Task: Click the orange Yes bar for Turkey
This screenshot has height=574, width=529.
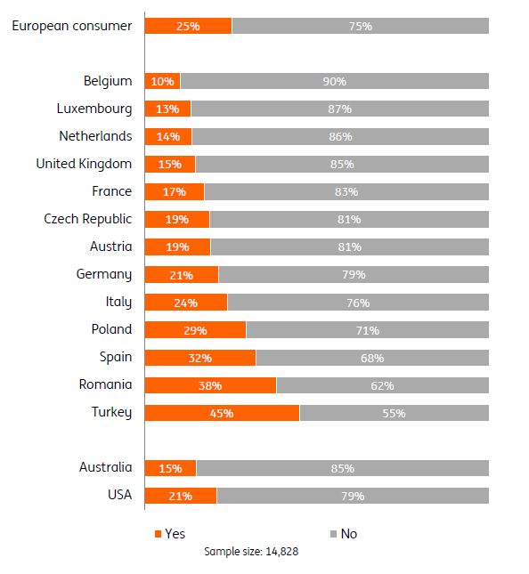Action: click(x=222, y=413)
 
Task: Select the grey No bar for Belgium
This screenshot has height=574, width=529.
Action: click(x=335, y=81)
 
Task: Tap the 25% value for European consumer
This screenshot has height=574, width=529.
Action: click(x=188, y=27)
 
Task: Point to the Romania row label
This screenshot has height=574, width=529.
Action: click(x=105, y=384)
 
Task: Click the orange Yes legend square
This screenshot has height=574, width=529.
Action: click(x=159, y=534)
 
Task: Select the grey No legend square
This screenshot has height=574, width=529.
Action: click(x=333, y=534)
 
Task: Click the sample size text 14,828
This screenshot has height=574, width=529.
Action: click(x=282, y=551)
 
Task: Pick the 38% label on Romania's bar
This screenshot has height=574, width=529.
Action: click(x=210, y=386)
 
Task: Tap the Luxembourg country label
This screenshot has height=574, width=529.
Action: click(x=94, y=109)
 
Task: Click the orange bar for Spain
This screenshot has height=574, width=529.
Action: click(x=200, y=358)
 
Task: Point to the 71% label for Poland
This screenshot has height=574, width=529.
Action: click(x=368, y=330)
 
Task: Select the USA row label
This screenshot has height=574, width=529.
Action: click(x=120, y=495)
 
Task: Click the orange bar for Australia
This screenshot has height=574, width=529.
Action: click(x=171, y=468)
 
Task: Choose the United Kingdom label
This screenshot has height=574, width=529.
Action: click(x=84, y=164)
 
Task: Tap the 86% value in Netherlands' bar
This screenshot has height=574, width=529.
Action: click(x=340, y=137)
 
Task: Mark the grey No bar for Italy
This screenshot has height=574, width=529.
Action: click(x=358, y=302)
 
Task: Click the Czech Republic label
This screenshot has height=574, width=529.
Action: click(x=88, y=219)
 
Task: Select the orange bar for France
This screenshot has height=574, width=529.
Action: click(x=175, y=192)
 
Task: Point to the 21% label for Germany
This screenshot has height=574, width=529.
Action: click(x=182, y=275)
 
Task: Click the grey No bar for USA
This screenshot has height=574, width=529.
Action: click(x=353, y=496)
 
